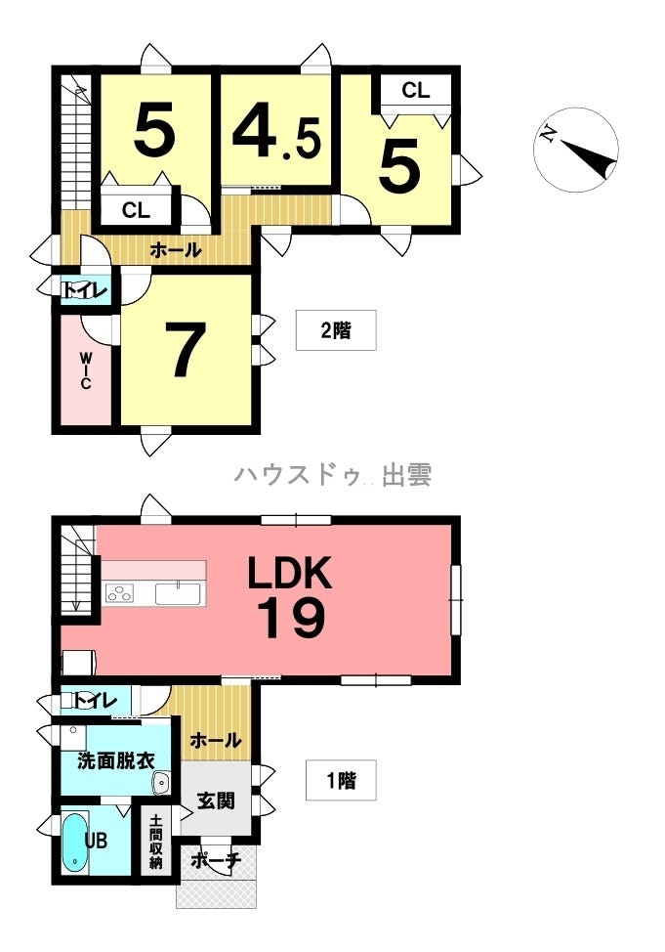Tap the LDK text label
(x=289, y=573)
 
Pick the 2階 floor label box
(x=335, y=330)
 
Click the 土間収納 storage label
(x=156, y=842)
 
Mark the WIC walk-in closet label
(x=86, y=370)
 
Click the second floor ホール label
(x=175, y=250)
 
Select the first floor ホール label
(x=214, y=740)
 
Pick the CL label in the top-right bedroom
(x=415, y=91)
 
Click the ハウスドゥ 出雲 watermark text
(x=332, y=475)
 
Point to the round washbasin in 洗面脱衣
(x=161, y=780)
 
